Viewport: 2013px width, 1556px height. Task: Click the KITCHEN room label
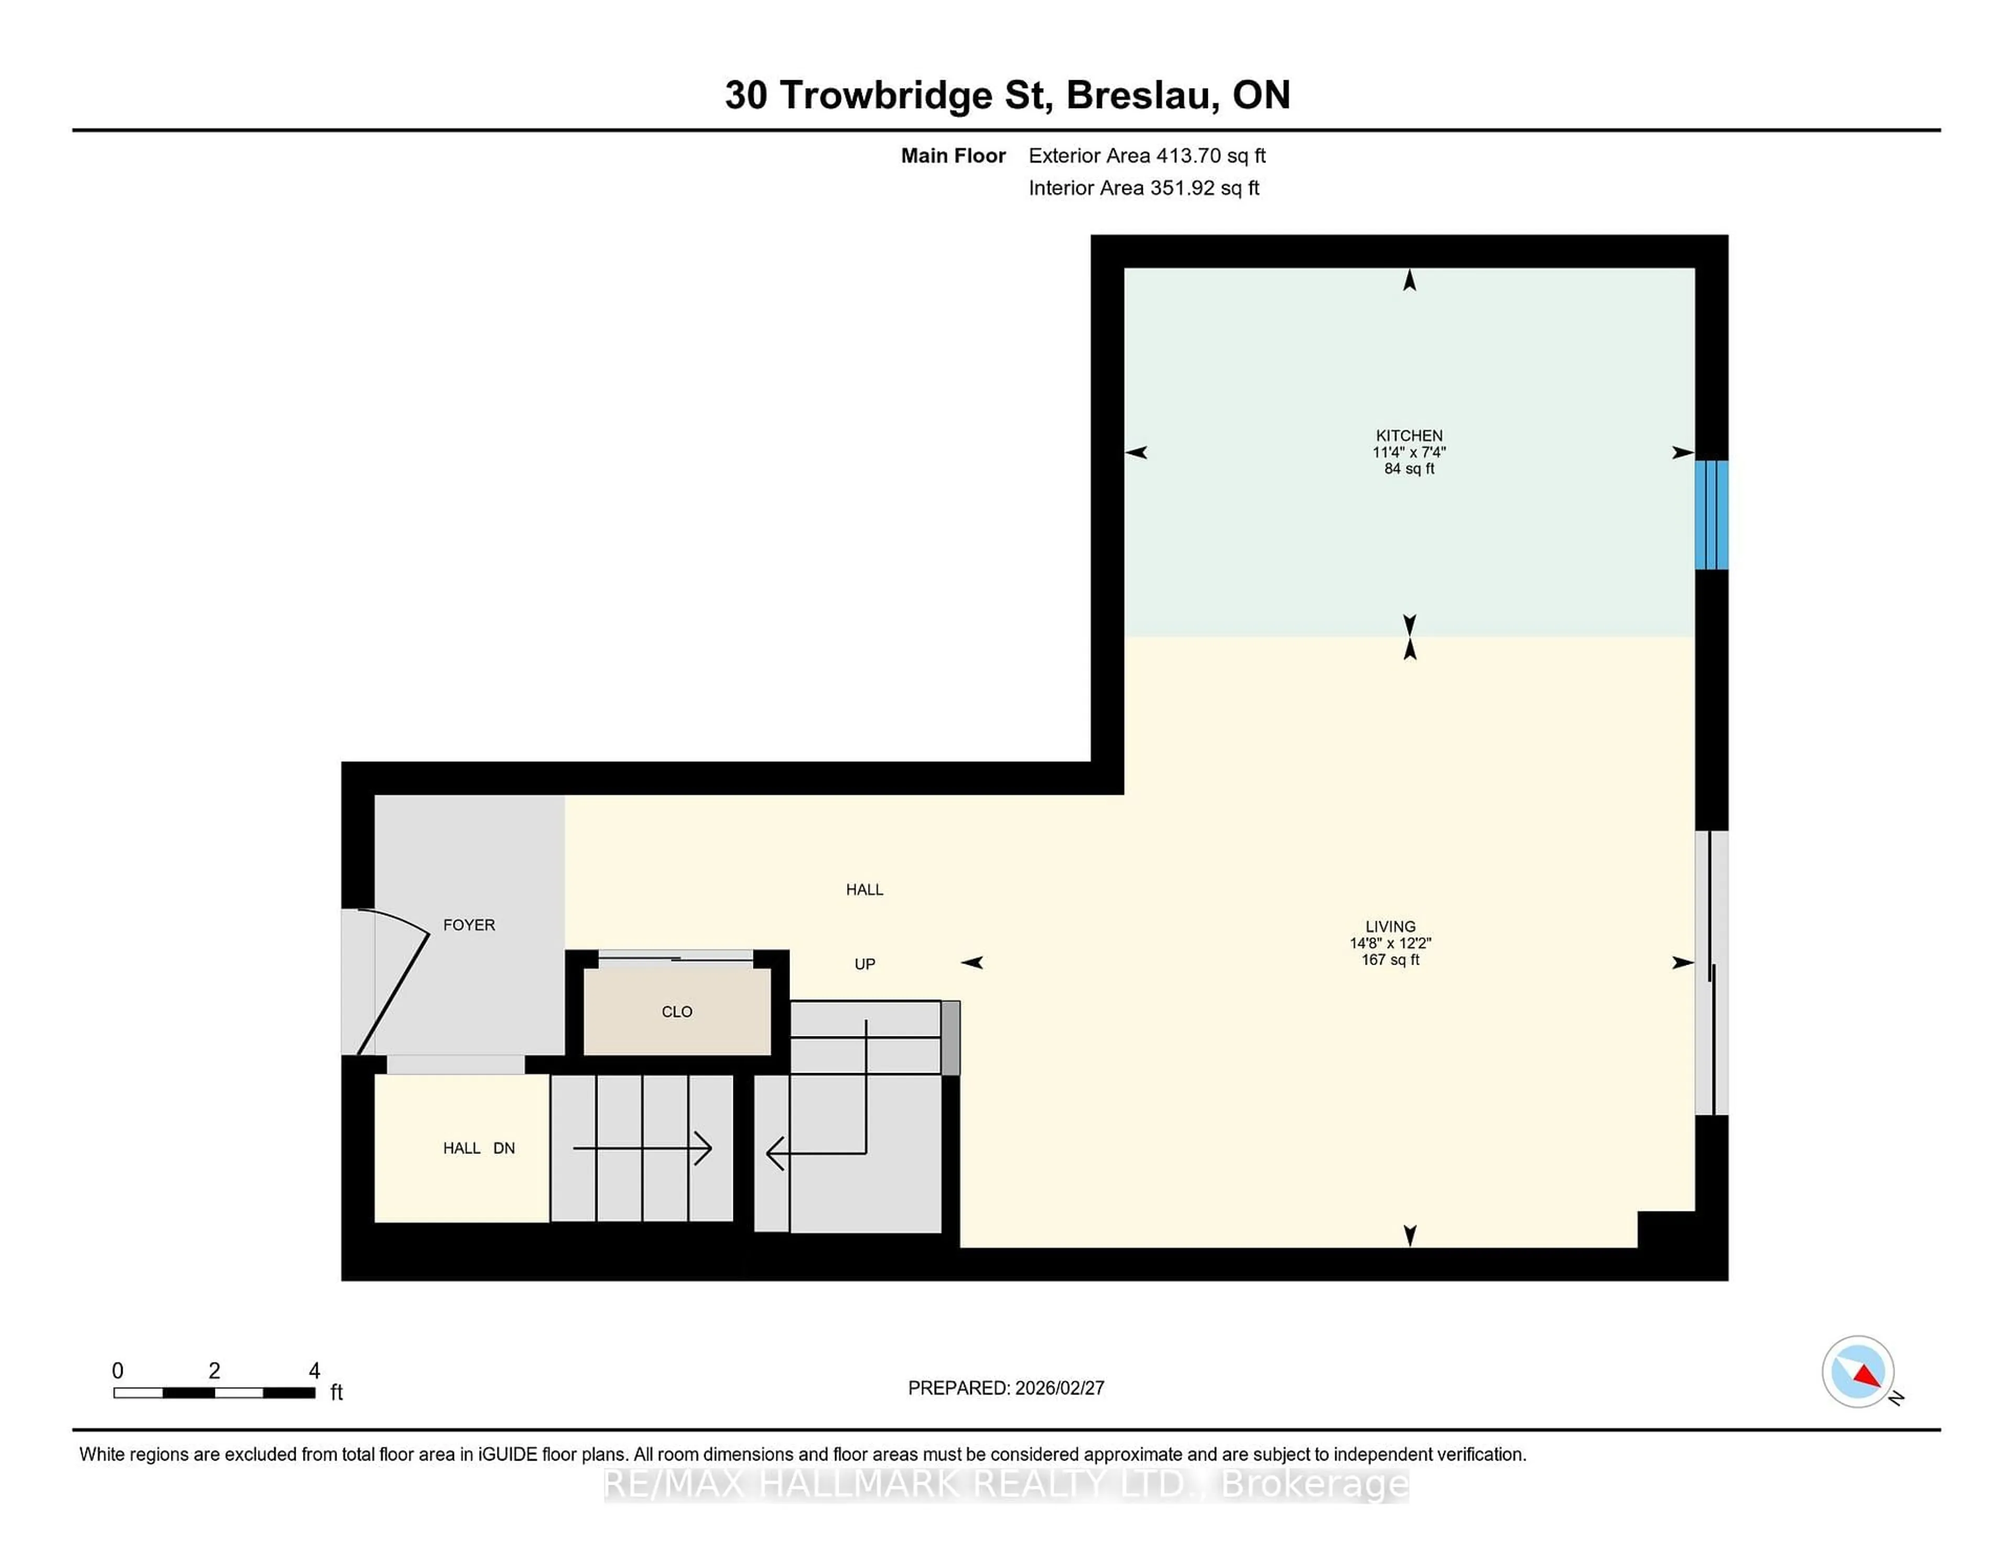1409,435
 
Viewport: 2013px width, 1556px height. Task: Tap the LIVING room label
1390,926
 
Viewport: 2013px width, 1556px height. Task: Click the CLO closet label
677,1011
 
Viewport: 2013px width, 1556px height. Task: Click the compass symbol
1857,1371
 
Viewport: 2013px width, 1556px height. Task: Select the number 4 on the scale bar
315,1371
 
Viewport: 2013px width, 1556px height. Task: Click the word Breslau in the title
1142,95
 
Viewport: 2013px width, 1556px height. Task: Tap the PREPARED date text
1005,1387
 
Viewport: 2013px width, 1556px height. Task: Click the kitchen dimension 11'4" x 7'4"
1409,452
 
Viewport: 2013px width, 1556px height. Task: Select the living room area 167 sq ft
1390,959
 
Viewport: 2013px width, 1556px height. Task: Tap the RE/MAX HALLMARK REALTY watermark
1005,1484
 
